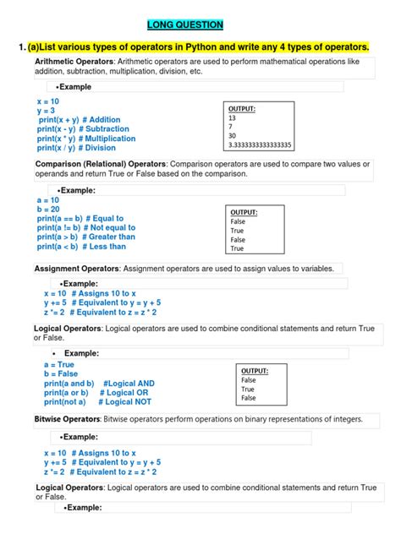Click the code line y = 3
[46, 110]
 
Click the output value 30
[233, 135]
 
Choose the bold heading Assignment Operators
[77, 268]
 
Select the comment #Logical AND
[128, 383]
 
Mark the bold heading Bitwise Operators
[66, 419]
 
